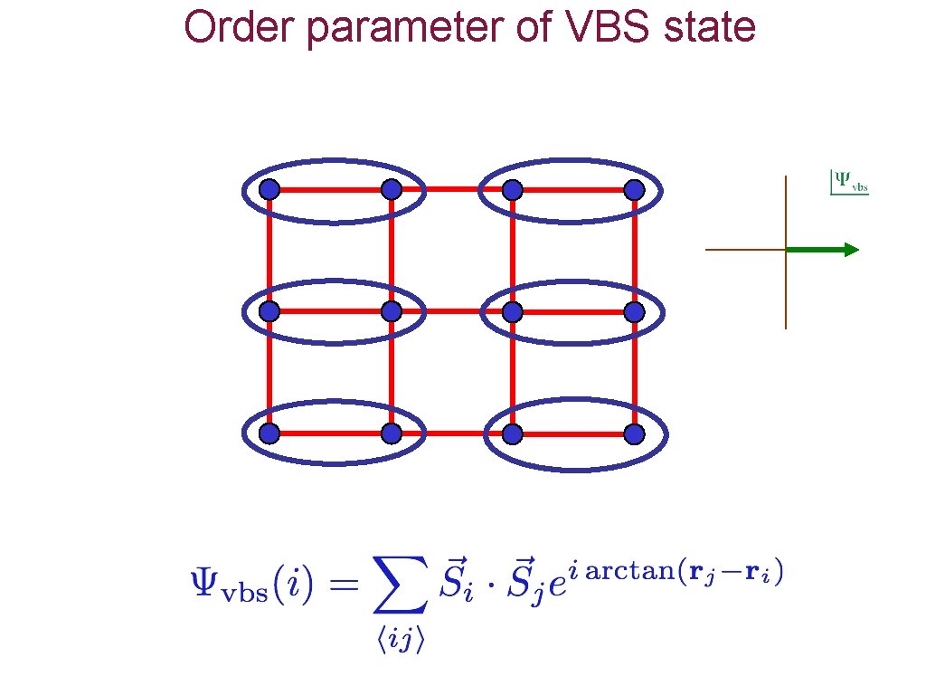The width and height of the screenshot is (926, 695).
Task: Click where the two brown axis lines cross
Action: tap(786, 249)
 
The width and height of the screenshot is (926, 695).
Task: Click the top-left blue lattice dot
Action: tap(269, 189)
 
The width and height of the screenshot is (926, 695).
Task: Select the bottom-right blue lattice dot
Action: tap(635, 434)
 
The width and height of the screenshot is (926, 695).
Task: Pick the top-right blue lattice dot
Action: tap(635, 189)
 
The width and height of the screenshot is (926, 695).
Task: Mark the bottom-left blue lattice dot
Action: tap(269, 434)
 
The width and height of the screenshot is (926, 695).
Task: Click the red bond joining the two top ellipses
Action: tap(451, 189)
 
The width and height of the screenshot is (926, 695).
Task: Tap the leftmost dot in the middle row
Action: tap(269, 311)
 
